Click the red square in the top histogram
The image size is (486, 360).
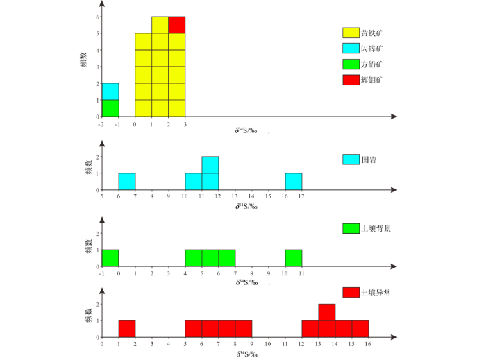pyautogui.click(x=176, y=25)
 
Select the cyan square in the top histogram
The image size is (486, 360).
pyautogui.click(x=110, y=92)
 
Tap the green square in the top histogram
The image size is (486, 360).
pyautogui.click(x=110, y=108)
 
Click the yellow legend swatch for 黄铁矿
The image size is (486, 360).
pyautogui.click(x=351, y=33)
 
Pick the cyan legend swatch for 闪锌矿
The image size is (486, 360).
pyautogui.click(x=351, y=49)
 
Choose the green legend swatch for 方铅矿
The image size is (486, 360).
pyautogui.click(x=351, y=65)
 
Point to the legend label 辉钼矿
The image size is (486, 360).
pyautogui.click(x=372, y=80)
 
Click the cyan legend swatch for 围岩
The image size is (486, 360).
pyautogui.click(x=351, y=160)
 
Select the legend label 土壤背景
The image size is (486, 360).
pyautogui.click(x=376, y=228)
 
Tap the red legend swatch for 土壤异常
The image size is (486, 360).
pyautogui.click(x=351, y=293)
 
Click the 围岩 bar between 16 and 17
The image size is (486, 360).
pyautogui.click(x=294, y=181)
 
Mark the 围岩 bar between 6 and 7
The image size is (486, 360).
pyautogui.click(x=127, y=181)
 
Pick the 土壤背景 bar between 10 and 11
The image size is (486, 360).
pyautogui.click(x=294, y=257)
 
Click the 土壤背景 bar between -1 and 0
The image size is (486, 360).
pyautogui.click(x=110, y=257)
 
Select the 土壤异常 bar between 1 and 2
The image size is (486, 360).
pyautogui.click(x=127, y=329)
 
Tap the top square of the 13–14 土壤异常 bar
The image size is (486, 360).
pyautogui.click(x=327, y=312)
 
